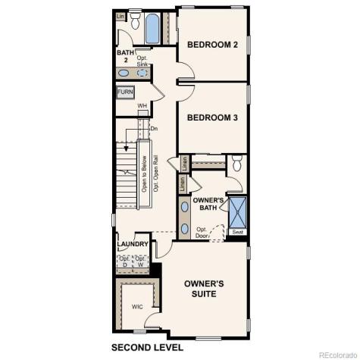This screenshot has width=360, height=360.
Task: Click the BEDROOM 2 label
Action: pos(213,45)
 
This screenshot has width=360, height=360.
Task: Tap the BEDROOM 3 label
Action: pos(213,117)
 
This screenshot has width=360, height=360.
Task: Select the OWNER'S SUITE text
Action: pos(204,288)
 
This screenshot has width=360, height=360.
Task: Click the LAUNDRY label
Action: pos(132,245)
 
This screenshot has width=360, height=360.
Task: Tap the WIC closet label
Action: pos(137,307)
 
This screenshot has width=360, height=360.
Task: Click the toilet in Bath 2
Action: pos(136,23)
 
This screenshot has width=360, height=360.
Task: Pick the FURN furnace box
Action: pos(126,92)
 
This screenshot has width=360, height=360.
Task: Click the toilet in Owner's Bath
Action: pos(237,162)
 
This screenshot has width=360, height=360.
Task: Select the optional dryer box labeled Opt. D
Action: pos(124,262)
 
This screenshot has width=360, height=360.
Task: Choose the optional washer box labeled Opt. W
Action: pos(139,262)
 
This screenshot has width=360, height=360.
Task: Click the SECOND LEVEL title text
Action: pos(146,348)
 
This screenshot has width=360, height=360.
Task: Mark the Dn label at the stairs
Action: pos(154,129)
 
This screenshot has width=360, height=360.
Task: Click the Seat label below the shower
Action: pos(238,232)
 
